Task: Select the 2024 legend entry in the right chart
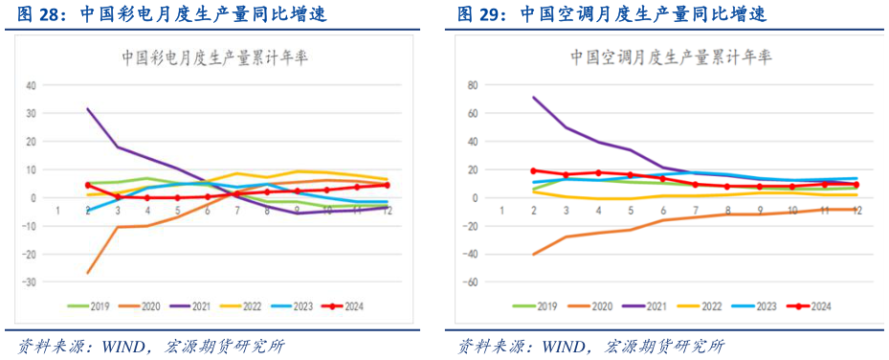811,306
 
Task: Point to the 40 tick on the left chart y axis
31,84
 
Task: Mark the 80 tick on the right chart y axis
472,84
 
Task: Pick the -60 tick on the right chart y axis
470,282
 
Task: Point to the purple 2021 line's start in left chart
88,108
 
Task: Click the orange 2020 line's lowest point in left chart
88,273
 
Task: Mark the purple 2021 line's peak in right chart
533,97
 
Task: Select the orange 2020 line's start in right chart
533,254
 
